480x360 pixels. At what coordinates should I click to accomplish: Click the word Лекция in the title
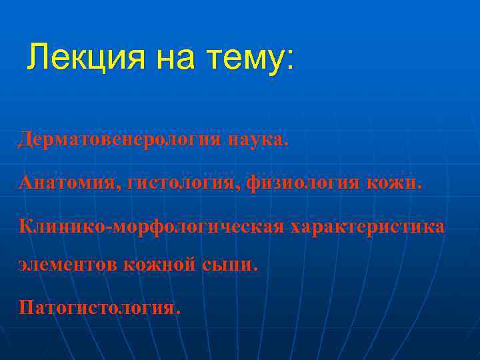pos(86,58)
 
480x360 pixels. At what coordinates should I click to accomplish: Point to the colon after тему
pos(289,60)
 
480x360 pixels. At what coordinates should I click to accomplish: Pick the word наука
pos(258,140)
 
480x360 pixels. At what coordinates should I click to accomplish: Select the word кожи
pos(398,182)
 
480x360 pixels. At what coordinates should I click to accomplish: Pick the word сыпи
pos(231,265)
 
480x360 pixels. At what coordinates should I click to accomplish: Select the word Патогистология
pos(99,309)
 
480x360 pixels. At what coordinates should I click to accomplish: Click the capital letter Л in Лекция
pos(37,58)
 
